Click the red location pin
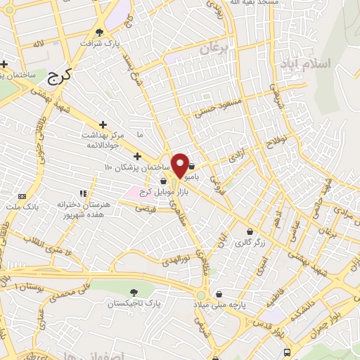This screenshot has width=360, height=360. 180,165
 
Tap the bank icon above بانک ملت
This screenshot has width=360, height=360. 21,195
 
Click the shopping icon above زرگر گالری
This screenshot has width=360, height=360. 249,231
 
